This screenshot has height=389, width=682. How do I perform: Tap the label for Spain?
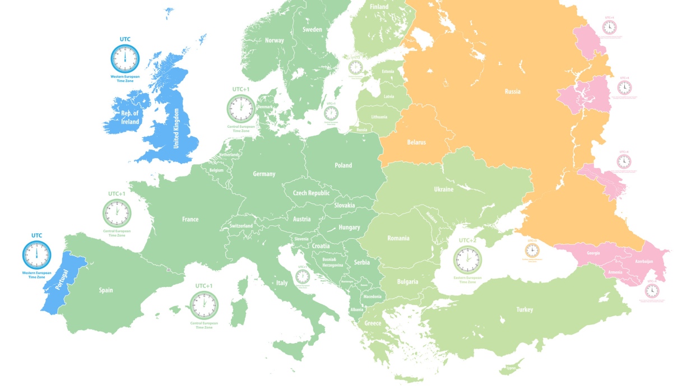tap(106, 290)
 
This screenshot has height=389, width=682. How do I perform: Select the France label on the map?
tap(190, 220)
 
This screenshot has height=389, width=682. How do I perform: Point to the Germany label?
tap(264, 174)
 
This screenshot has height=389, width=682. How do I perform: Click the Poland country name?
tap(343, 165)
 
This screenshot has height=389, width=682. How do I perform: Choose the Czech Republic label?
tap(311, 193)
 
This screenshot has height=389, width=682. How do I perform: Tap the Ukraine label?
tap(443, 189)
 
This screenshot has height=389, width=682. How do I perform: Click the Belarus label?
tap(416, 142)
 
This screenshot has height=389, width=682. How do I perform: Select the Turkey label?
tap(525, 309)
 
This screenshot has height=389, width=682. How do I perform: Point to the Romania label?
tap(398, 238)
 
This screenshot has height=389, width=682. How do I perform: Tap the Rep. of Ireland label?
tap(130, 117)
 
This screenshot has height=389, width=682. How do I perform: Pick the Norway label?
tap(275, 40)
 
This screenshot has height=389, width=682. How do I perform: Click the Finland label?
tap(379, 7)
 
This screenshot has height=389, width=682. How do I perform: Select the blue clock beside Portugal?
tap(36, 254)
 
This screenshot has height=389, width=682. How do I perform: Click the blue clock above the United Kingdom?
tap(125, 57)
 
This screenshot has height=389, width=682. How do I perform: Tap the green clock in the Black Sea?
tap(467, 260)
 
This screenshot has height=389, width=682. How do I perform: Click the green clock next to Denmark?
tap(240, 108)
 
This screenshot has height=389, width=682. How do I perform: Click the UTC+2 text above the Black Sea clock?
tap(467, 240)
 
